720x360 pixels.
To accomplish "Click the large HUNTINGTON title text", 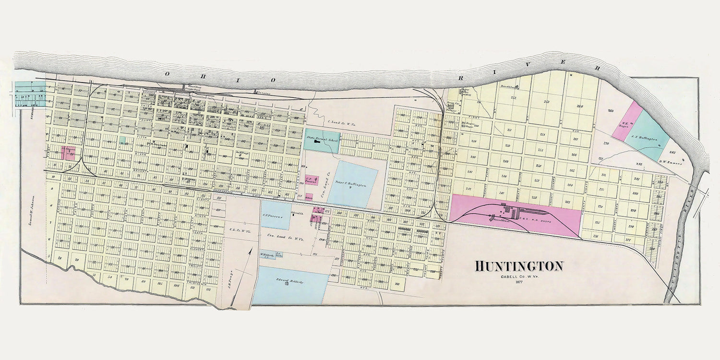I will [x=519, y=266].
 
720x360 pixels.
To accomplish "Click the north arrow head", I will [x=250, y=250].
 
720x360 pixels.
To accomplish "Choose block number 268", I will [x=580, y=107].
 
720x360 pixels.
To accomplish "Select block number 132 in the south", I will [x=208, y=288].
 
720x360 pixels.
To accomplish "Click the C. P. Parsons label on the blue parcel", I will [x=273, y=216].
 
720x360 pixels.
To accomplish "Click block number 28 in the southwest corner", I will [x=60, y=258].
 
